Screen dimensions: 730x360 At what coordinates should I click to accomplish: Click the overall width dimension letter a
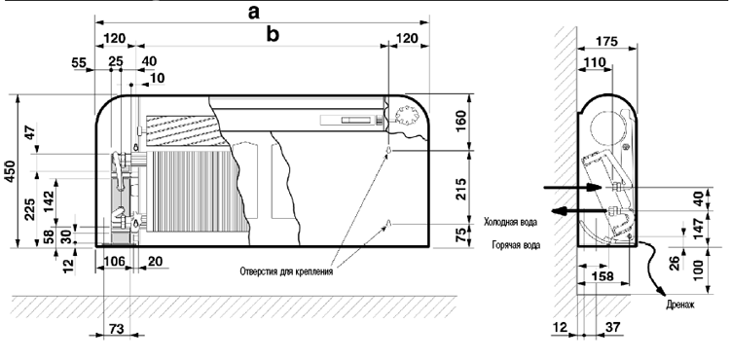pos(253,13)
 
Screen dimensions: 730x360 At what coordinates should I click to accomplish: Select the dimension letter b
pos(273,34)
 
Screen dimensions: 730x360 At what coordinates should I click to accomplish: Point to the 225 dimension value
pos(29,210)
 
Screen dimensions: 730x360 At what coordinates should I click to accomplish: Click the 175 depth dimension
pos(607,42)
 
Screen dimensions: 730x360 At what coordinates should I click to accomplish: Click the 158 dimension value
pos(602,276)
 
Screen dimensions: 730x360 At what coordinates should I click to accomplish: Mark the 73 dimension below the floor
pos(116,329)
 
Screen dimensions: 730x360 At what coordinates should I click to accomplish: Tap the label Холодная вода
pos(510,223)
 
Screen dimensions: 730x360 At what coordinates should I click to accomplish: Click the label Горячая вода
pos(516,244)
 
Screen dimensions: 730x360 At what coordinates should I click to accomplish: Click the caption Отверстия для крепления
pos(286,271)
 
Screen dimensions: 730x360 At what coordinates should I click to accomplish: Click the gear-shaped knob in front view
pos(405,115)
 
